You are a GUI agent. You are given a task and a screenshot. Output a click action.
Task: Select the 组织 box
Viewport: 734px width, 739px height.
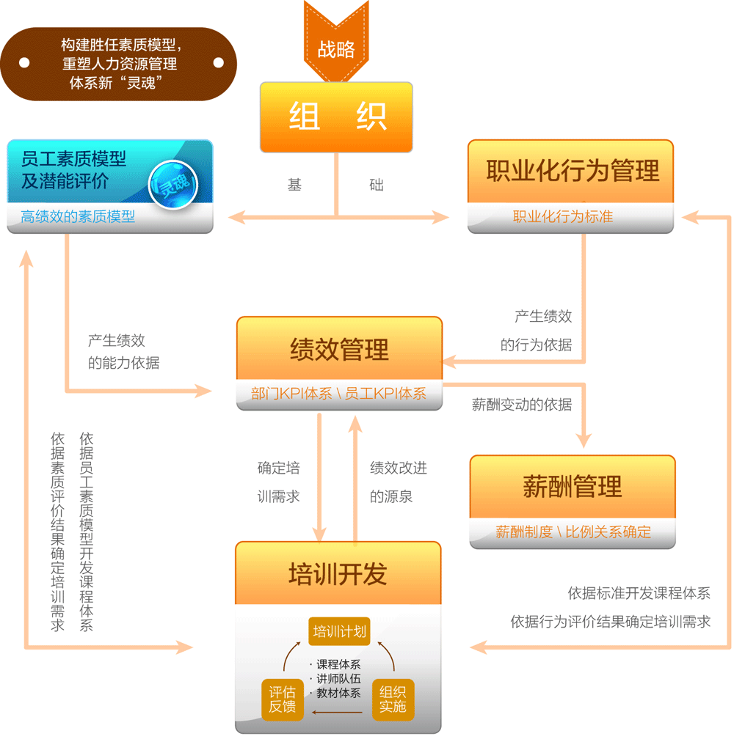336,117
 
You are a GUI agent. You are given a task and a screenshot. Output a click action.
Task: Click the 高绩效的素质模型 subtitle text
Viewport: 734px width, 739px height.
78,217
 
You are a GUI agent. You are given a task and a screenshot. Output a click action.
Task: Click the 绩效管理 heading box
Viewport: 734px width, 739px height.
339,349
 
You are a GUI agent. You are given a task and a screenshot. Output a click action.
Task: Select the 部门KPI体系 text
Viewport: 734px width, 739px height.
291,394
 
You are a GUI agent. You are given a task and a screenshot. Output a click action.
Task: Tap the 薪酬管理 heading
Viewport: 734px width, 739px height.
573,486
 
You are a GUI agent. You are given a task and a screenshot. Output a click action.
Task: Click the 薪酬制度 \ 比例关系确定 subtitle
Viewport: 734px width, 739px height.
573,532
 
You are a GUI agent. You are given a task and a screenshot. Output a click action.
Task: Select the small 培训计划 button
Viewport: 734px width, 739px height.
338,630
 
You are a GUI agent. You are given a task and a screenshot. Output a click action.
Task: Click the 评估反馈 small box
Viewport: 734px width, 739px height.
283,699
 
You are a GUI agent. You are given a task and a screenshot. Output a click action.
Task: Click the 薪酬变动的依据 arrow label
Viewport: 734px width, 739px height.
522,404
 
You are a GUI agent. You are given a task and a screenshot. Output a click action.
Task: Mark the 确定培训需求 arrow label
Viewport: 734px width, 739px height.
279,482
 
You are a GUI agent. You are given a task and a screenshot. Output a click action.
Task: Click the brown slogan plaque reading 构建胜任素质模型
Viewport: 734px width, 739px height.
118,64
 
